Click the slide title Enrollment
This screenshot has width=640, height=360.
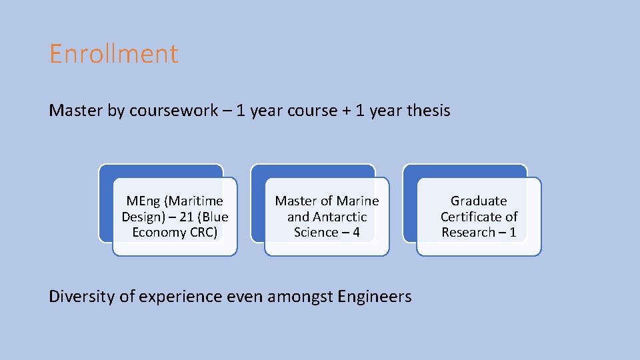coord(114,54)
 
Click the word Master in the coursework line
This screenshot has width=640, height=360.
coord(75,111)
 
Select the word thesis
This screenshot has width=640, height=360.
coord(428,111)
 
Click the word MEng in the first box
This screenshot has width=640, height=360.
coord(143,201)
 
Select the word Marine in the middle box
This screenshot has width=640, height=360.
coord(358,201)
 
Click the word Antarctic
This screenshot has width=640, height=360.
coord(339,217)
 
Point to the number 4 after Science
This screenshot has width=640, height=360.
coord(356,233)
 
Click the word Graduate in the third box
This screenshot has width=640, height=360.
coord(479,201)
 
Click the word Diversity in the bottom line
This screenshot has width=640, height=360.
coord(81,296)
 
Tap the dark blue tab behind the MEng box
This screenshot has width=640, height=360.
coord(161,171)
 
